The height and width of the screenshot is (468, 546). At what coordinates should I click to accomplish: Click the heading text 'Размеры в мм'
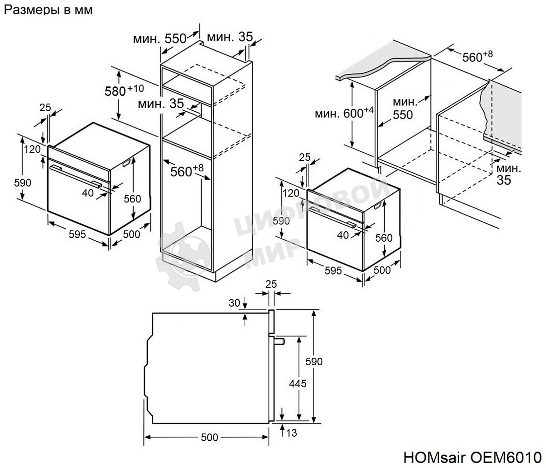[48, 10]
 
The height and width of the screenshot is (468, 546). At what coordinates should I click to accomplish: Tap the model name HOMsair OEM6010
[472, 457]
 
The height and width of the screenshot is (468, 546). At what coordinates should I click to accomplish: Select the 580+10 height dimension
[124, 90]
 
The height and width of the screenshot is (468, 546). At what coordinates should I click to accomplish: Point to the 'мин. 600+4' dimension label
[343, 113]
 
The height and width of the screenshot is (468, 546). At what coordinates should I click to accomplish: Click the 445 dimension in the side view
[297, 383]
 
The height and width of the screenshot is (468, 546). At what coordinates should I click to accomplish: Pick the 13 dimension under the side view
[291, 433]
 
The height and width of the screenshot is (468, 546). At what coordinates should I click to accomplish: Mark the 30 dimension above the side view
[234, 302]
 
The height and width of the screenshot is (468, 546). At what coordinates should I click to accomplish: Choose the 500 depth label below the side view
[209, 437]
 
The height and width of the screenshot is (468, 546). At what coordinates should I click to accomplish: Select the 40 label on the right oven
[343, 235]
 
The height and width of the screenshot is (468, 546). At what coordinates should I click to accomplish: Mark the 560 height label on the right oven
[383, 238]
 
